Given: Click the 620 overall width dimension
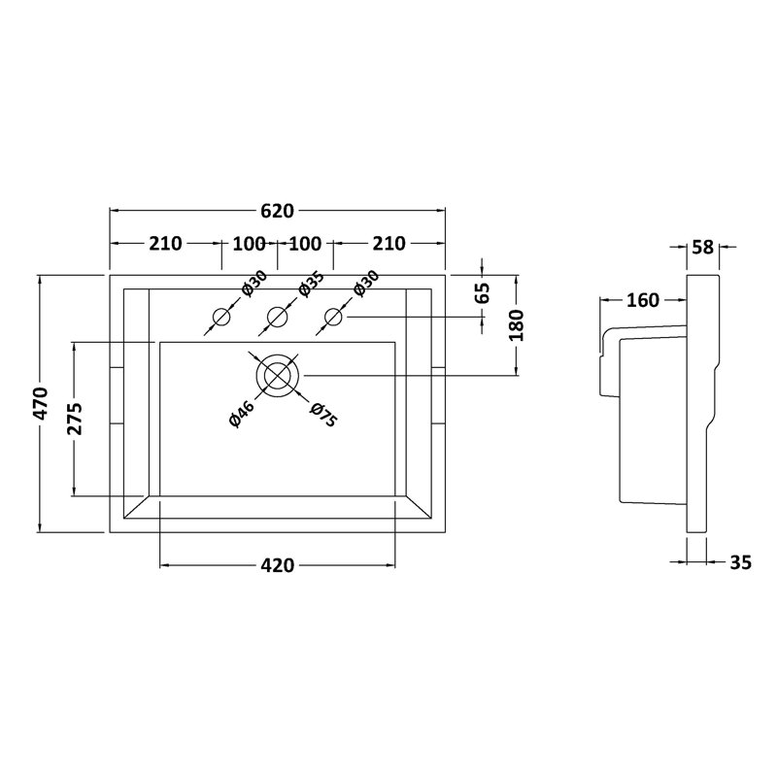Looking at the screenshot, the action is [x=277, y=211].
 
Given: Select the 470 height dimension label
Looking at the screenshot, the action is [x=40, y=404].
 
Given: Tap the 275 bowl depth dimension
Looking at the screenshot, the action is [x=75, y=419].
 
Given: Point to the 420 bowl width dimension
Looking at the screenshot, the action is [x=277, y=565].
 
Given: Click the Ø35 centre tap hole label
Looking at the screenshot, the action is [x=311, y=284].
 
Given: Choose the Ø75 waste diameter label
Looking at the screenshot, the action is [x=323, y=415].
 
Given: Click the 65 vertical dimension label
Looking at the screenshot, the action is [x=482, y=292].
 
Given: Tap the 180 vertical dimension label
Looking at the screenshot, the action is [x=516, y=325].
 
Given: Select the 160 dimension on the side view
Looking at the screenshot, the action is [x=643, y=300].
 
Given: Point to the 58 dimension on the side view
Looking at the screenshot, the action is [x=702, y=247].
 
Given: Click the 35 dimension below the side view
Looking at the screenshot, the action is [x=740, y=562].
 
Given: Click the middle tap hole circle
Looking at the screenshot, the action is [x=277, y=317].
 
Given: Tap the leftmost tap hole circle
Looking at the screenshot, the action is [x=221, y=317].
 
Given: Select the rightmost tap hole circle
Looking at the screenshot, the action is [x=333, y=317].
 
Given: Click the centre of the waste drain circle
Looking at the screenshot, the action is [x=277, y=376].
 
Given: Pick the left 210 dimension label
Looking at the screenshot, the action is [x=165, y=244].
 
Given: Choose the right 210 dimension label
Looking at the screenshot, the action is [x=389, y=244].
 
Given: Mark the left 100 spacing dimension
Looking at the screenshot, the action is [x=249, y=244].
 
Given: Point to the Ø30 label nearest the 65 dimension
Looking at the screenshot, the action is [x=367, y=284].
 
